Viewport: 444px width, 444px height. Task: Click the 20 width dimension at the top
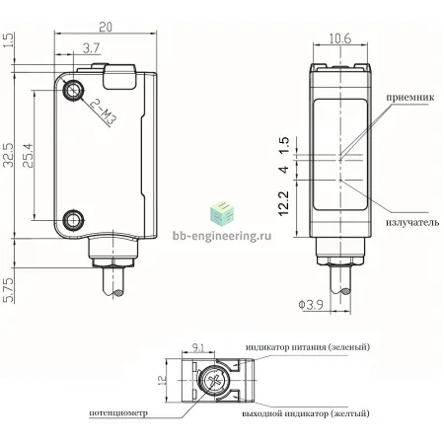click(106, 27)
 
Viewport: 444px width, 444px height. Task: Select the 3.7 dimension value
click(91, 48)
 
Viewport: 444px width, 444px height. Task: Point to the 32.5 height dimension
click(8, 155)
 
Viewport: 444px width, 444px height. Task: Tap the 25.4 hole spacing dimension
click(29, 155)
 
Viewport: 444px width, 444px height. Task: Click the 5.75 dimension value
click(8, 290)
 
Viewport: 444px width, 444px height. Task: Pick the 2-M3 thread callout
click(104, 112)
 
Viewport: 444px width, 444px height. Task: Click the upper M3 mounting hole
click(74, 89)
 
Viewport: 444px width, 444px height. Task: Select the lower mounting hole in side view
click(74, 219)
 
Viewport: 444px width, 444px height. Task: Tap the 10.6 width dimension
click(340, 38)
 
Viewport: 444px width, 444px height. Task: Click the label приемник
click(410, 98)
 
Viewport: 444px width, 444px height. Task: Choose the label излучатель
click(412, 222)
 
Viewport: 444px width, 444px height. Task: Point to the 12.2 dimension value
click(283, 203)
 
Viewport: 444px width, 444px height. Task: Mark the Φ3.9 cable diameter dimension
click(311, 305)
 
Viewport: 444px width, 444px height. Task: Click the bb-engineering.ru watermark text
click(222, 235)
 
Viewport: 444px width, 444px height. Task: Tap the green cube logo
click(222, 214)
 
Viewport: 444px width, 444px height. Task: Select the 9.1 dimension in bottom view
click(198, 347)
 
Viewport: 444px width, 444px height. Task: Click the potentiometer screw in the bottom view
click(213, 381)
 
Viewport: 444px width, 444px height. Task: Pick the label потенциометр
click(118, 413)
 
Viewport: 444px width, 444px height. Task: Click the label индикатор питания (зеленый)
click(308, 347)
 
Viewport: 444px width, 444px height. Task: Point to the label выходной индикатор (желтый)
click(306, 413)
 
